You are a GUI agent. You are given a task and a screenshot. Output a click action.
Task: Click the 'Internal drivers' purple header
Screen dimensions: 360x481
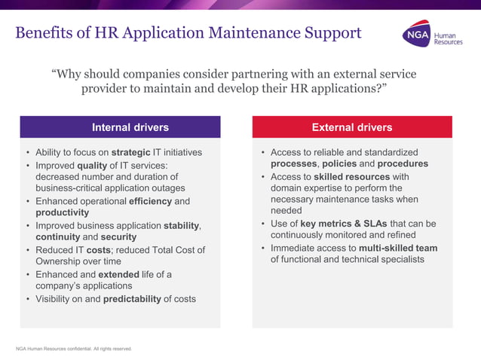tap(130, 127)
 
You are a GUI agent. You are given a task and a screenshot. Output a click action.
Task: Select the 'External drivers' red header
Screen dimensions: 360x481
tap(352, 127)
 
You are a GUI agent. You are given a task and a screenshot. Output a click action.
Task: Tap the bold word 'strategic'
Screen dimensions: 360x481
tap(141, 152)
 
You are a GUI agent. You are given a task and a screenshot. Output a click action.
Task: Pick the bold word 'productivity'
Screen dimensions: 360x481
tap(63, 213)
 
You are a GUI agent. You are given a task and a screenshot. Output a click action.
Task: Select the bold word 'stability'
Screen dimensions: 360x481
tap(182, 225)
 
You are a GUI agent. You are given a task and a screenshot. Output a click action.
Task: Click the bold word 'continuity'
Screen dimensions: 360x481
tap(57, 237)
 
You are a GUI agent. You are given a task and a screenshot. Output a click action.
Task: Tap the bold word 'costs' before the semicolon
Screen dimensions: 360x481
tap(100, 249)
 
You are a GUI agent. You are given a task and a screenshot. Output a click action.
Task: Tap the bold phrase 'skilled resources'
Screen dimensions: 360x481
tap(351, 176)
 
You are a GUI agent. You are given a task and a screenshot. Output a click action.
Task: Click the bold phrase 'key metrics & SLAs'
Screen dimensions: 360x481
tap(345, 224)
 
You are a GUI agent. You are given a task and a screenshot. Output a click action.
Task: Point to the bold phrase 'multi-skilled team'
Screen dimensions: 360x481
tap(398, 248)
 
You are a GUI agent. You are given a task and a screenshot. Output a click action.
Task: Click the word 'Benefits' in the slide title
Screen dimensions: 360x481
tap(45, 33)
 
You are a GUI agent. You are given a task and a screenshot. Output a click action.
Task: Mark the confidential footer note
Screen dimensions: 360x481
tap(74, 349)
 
